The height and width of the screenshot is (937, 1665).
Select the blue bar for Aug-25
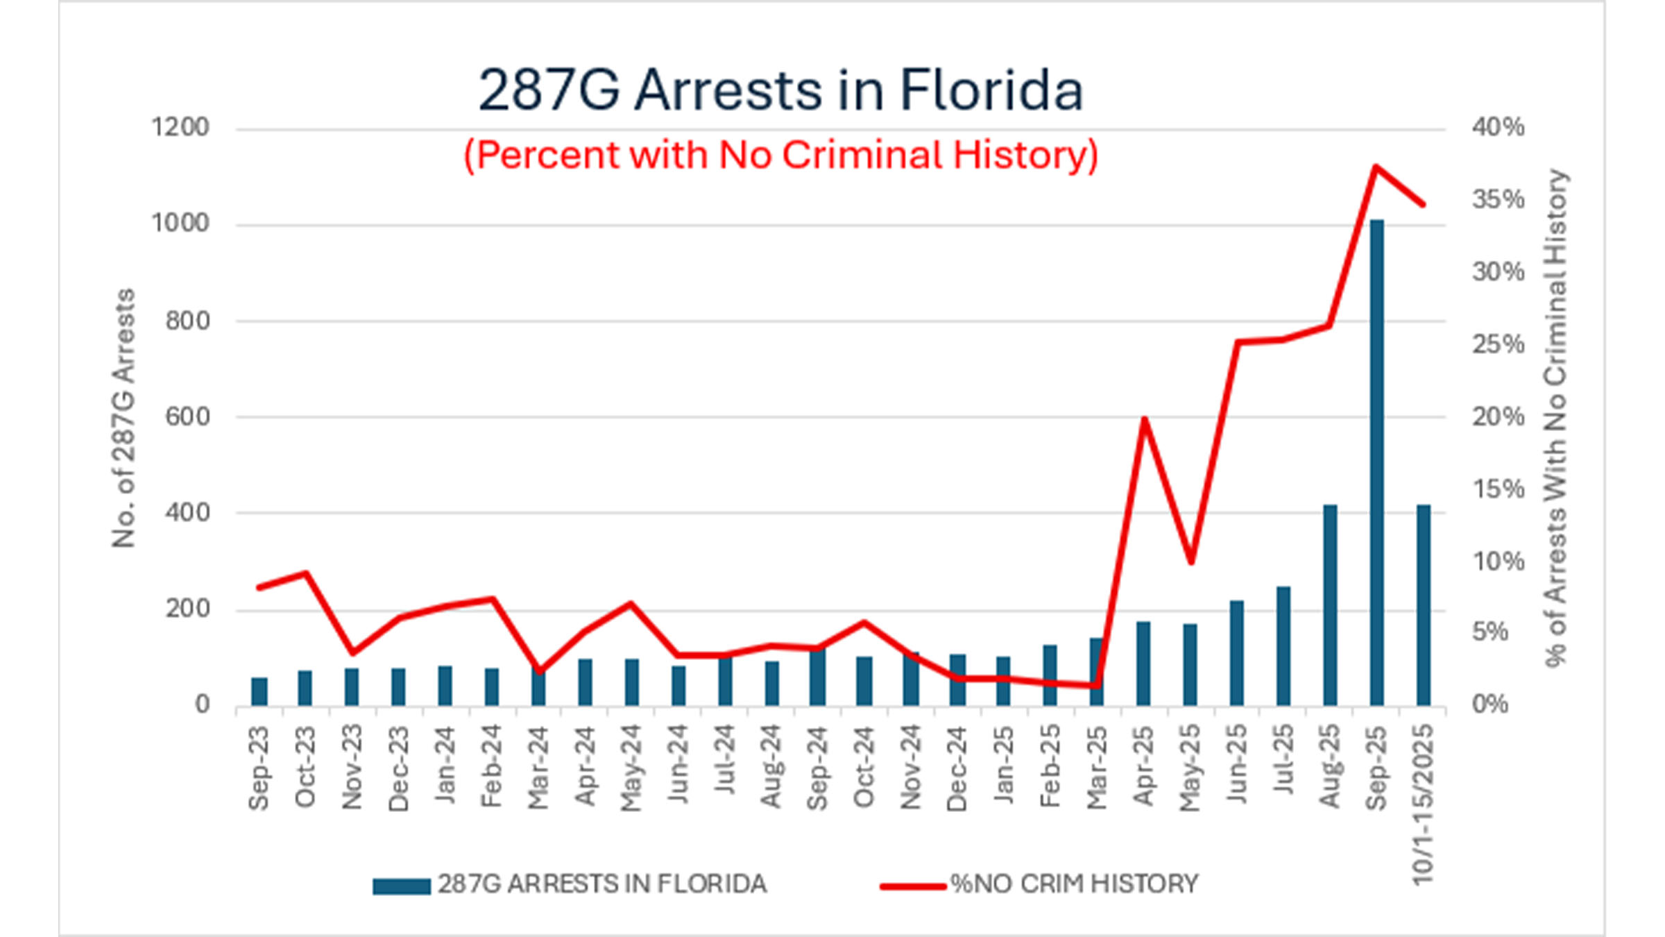click(1330, 604)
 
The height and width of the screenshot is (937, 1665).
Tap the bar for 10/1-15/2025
click(1423, 604)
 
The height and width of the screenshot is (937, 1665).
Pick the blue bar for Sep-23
click(259, 691)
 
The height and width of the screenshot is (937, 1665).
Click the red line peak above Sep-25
click(1376, 167)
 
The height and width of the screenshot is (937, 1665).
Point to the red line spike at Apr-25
click(1144, 419)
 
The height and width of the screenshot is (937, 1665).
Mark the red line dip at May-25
click(1190, 562)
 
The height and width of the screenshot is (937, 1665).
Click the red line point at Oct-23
click(305, 573)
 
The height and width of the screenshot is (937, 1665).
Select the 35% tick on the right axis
click(1498, 200)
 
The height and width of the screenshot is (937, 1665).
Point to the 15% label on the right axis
click(1498, 489)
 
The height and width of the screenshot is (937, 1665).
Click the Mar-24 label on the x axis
click(538, 767)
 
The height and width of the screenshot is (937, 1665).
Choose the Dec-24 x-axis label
click(957, 767)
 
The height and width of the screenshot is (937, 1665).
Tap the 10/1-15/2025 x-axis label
click(1423, 804)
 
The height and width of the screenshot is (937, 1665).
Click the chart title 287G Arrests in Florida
click(780, 90)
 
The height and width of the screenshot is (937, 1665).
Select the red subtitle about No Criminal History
click(780, 154)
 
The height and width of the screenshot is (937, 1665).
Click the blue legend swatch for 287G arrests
click(401, 886)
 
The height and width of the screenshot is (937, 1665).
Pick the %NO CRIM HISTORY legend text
click(1074, 884)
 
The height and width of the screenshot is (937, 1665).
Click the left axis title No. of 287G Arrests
click(123, 418)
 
